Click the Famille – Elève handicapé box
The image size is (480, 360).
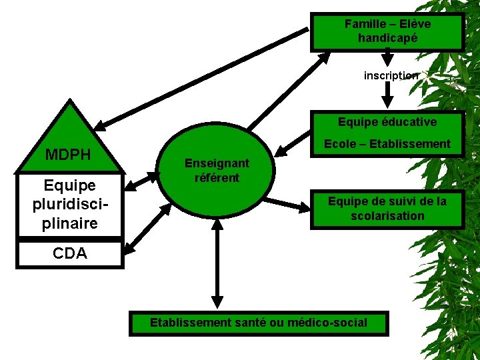click(x=387, y=31)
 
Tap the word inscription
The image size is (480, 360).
click(x=391, y=75)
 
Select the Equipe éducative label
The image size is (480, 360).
click(x=387, y=122)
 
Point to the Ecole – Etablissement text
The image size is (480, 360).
click(x=387, y=144)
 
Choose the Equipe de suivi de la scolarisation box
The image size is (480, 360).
click(x=387, y=209)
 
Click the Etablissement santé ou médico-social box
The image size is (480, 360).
click(x=259, y=323)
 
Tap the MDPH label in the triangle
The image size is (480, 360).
click(x=67, y=155)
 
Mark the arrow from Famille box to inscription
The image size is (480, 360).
click(x=388, y=57)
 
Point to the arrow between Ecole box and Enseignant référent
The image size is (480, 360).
click(x=296, y=141)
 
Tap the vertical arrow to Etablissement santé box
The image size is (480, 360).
click(x=216, y=263)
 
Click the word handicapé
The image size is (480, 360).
click(x=387, y=39)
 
